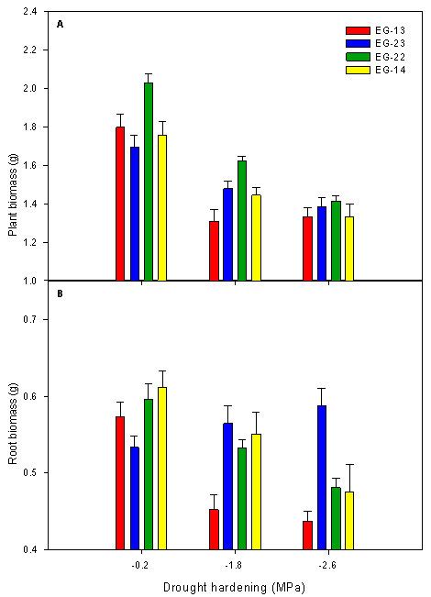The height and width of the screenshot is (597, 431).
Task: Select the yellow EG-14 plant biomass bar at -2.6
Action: [x=349, y=249]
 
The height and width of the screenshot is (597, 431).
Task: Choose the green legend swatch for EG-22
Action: [x=348, y=56]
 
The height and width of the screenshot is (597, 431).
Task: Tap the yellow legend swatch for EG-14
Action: [x=348, y=69]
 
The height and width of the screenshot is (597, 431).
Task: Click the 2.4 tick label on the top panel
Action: [x=29, y=12]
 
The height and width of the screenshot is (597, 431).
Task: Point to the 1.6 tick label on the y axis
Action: [x=29, y=166]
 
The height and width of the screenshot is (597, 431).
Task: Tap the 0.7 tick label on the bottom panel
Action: [x=29, y=319]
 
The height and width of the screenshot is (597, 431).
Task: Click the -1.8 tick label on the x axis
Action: [x=235, y=564]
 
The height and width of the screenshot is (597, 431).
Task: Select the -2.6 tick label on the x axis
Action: [x=328, y=564]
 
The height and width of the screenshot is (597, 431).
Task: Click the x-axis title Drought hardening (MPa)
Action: [x=234, y=585]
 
